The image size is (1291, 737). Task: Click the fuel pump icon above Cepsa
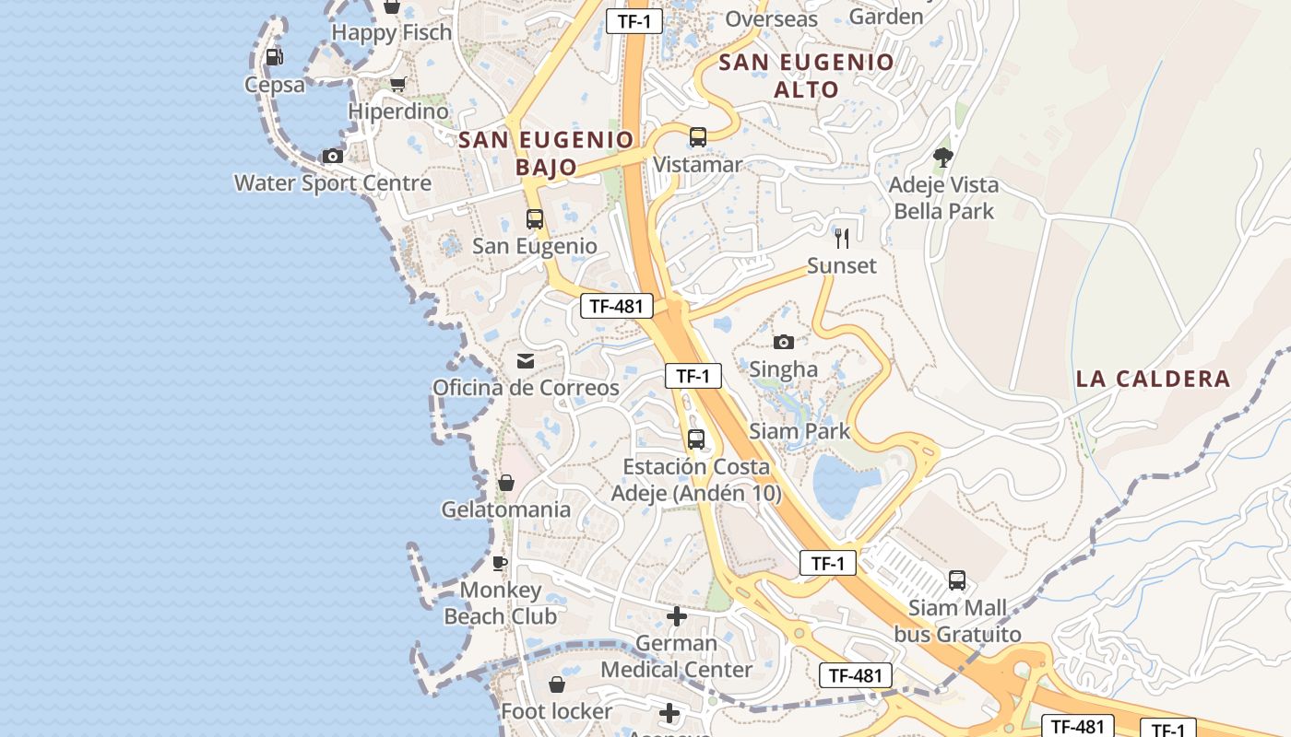274,57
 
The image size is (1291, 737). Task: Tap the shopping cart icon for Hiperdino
397,85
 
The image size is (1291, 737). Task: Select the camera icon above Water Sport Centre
332,156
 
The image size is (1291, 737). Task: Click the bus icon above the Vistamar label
697,137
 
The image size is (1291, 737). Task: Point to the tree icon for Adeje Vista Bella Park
942,158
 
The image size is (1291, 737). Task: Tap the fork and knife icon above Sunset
841,239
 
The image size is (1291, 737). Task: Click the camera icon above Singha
783,342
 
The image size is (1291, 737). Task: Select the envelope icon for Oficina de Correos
526,360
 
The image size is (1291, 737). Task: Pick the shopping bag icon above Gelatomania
505,483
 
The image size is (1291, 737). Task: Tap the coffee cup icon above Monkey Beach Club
500,563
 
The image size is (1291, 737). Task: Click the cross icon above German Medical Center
677,615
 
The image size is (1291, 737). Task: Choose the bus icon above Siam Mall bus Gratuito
957,580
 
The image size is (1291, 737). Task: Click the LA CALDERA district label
1153,379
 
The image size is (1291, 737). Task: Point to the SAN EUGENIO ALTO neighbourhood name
806,76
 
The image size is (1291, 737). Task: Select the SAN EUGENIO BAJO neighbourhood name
546,153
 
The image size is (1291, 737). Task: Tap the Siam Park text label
799,430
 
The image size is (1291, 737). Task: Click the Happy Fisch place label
392,32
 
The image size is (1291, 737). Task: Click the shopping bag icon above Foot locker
556,684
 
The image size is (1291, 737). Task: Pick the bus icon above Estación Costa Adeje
696,439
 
